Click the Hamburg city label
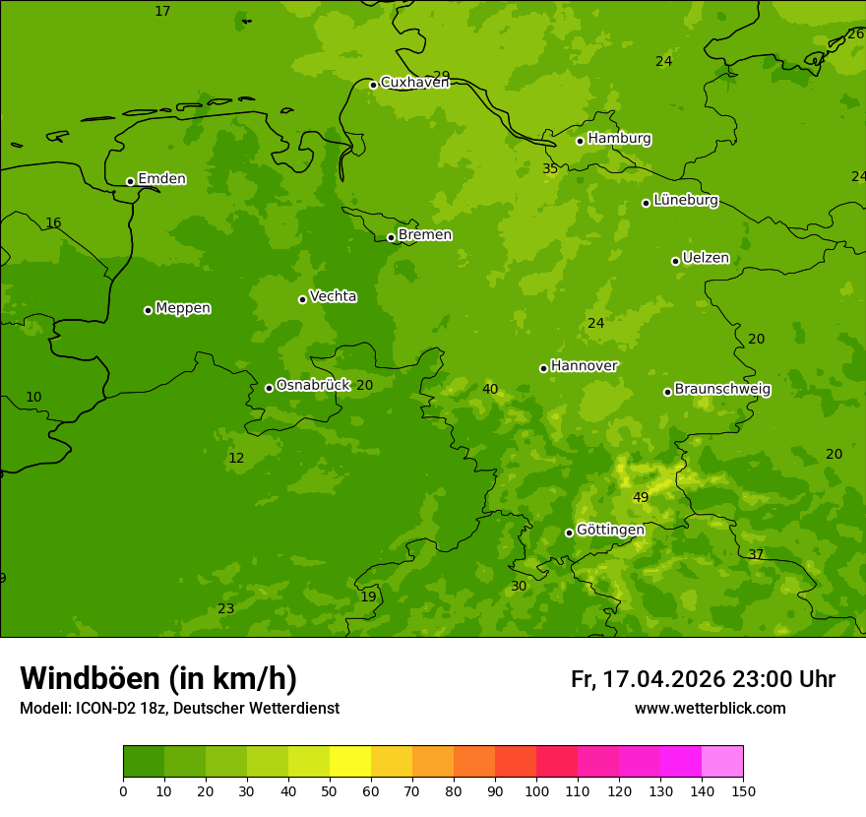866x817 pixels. [619, 139]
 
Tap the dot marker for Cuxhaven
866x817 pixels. [373, 85]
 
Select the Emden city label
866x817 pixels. [161, 179]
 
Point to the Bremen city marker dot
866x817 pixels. [391, 237]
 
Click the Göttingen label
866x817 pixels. [610, 530]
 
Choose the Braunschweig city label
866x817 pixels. [722, 390]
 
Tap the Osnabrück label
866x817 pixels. [313, 385]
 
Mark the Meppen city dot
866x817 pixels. [148, 310]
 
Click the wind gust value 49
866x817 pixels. [641, 497]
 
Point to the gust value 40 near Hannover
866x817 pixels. [490, 389]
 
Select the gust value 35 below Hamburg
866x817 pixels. [550, 168]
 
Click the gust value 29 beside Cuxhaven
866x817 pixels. [442, 76]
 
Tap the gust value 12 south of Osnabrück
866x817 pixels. [236, 458]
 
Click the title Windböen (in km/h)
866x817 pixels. [158, 678]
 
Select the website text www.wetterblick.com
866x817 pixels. [710, 709]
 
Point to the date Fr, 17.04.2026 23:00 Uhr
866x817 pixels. [703, 679]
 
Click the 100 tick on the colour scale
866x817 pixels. [536, 790]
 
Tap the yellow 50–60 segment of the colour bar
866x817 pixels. [350, 762]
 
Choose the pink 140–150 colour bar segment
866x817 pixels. [722, 762]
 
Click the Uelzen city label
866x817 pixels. [706, 258]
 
